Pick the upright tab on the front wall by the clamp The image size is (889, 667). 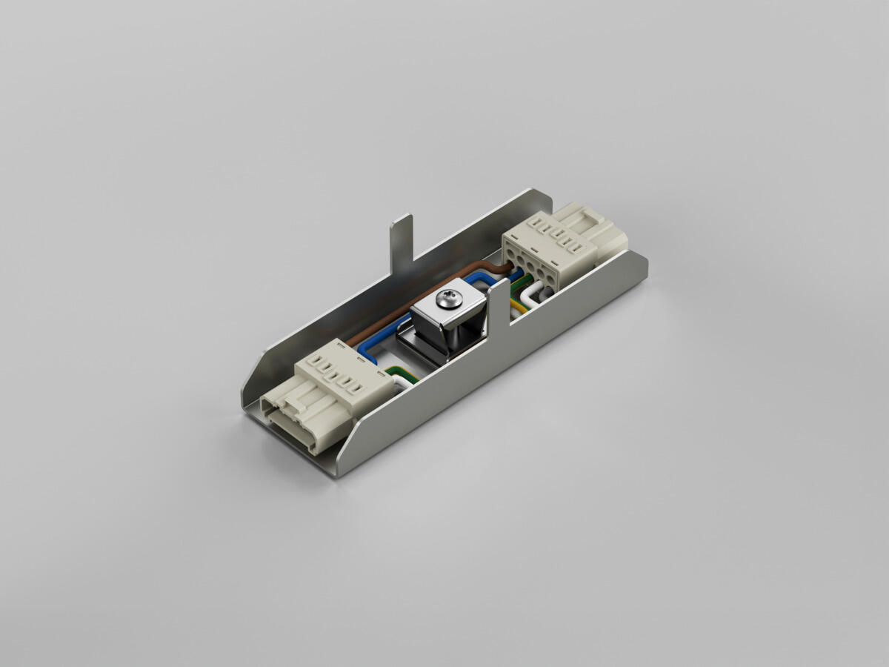(x=498, y=304)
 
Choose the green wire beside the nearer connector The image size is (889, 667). (x=406, y=374)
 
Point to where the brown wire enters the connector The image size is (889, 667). (x=507, y=262)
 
